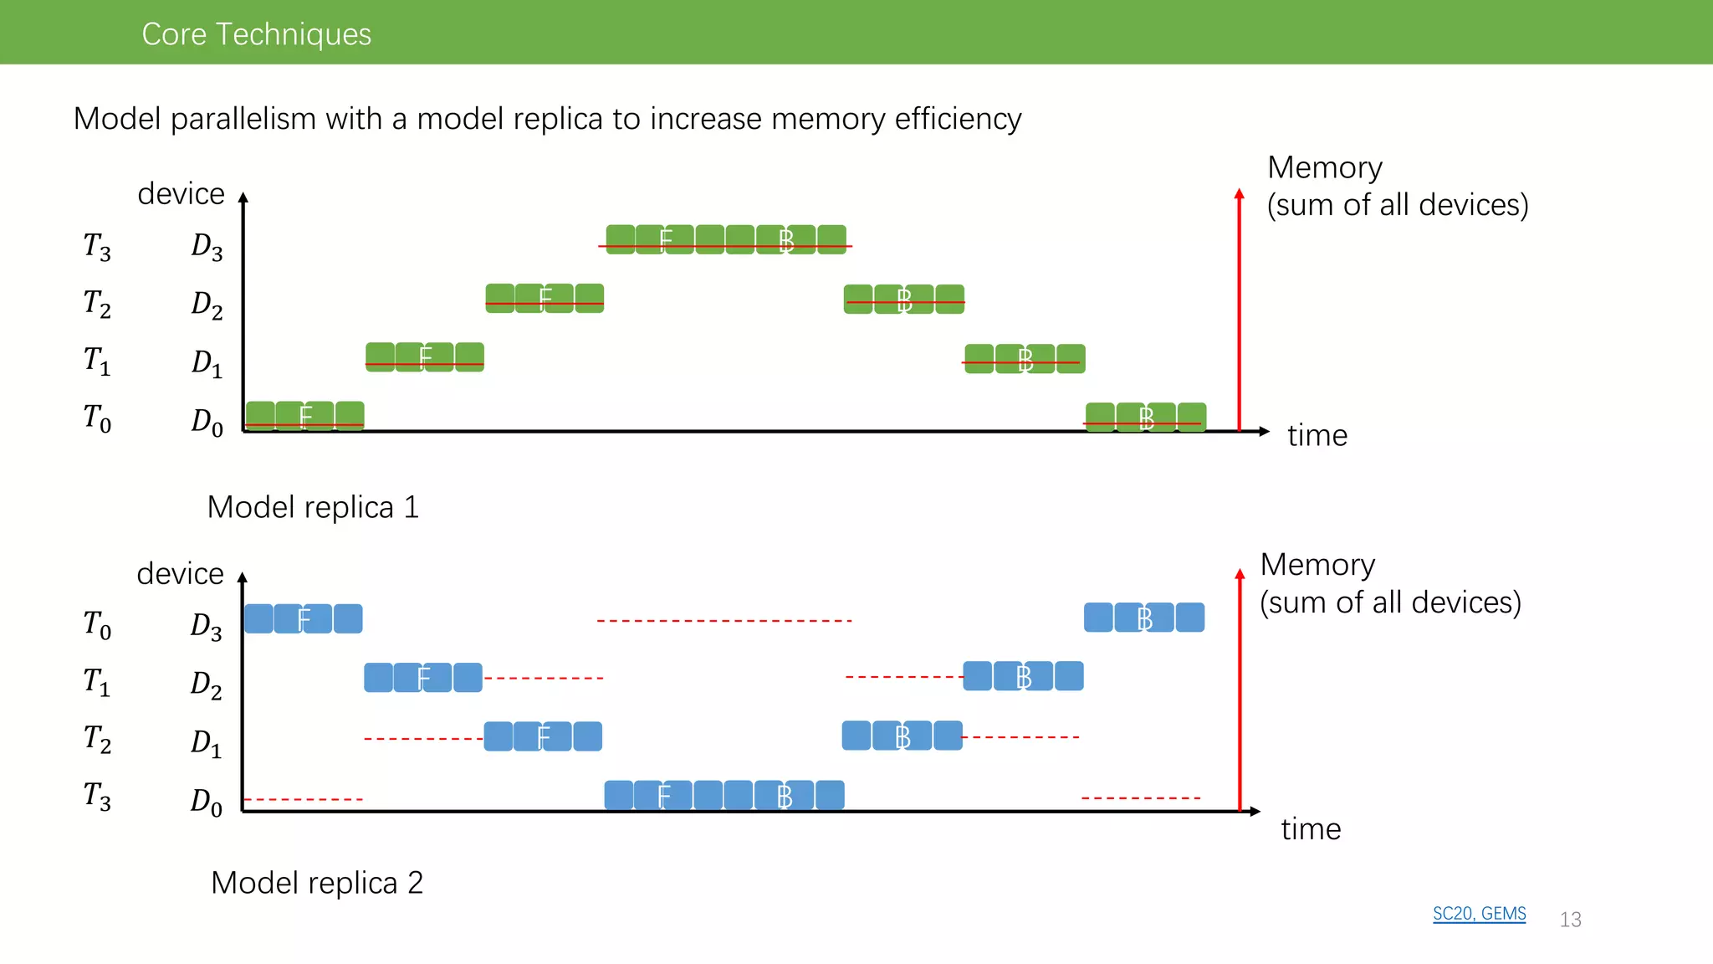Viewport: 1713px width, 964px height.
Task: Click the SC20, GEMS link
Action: click(x=1479, y=913)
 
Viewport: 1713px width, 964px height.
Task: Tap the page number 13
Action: click(x=1570, y=919)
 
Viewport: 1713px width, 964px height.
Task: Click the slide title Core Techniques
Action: click(x=256, y=33)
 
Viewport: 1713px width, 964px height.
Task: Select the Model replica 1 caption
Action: click(x=313, y=507)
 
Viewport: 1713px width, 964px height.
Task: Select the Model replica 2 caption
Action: click(x=317, y=883)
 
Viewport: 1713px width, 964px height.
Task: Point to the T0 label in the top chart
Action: click(x=97, y=418)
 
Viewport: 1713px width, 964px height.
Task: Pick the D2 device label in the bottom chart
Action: click(x=206, y=684)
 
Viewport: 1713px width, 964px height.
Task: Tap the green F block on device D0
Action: click(x=304, y=416)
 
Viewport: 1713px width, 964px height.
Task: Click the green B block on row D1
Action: click(x=1025, y=359)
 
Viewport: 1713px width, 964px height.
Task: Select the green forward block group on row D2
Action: click(x=545, y=298)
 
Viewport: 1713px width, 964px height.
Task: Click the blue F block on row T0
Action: click(x=303, y=618)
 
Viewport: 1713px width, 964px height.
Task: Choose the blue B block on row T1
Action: click(x=1023, y=676)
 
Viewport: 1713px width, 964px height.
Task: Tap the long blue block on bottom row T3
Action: click(x=724, y=795)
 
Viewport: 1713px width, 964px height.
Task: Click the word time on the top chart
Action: click(x=1317, y=435)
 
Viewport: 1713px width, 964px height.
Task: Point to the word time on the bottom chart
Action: click(x=1311, y=828)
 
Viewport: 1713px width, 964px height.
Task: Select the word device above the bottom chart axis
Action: click(x=180, y=573)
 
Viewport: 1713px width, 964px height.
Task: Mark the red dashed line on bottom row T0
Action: click(x=724, y=621)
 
